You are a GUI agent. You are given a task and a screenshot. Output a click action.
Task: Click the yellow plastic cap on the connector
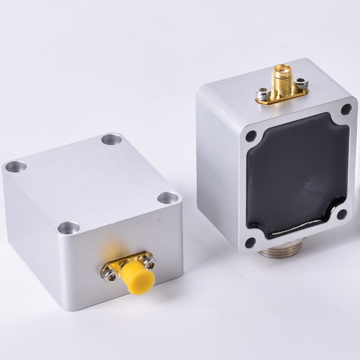tap(138, 277)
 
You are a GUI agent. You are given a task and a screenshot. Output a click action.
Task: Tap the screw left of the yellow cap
tap(111, 276)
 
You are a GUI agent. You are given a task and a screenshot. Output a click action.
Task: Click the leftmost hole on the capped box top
tap(16, 166)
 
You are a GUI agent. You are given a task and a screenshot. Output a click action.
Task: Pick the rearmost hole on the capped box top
tap(111, 139)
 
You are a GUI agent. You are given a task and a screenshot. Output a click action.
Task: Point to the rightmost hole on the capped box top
tap(168, 198)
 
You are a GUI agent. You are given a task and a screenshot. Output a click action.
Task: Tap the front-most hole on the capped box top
tap(69, 228)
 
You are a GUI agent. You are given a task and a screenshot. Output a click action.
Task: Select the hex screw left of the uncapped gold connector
tap(263, 95)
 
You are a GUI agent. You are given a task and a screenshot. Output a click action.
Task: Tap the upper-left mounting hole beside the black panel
tap(251, 136)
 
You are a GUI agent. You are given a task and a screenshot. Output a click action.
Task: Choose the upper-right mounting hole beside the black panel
tap(346, 109)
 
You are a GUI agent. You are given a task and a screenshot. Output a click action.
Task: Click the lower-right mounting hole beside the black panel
tap(341, 214)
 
